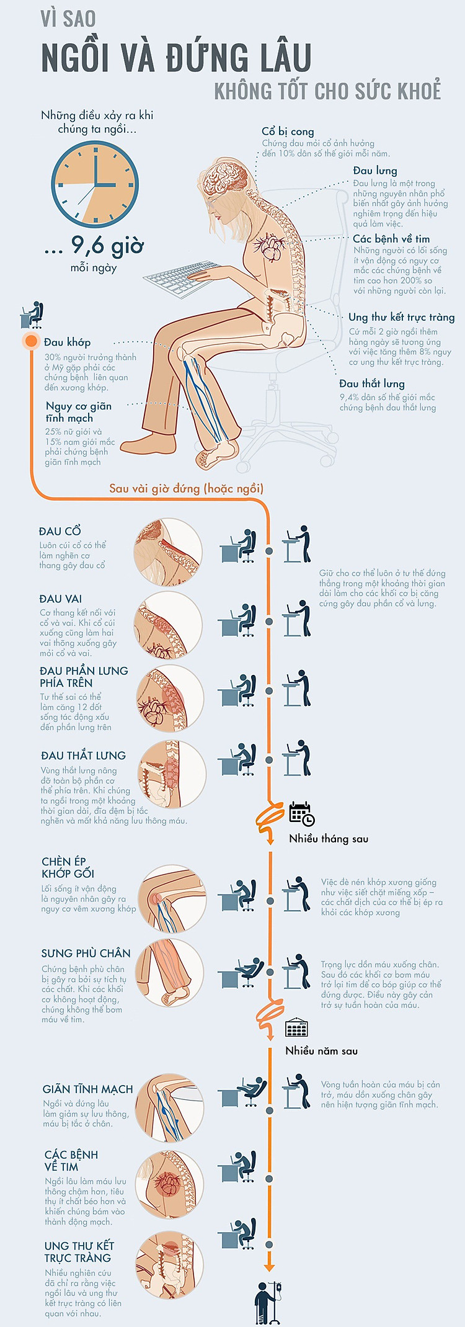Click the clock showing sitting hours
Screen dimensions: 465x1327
click(95, 185)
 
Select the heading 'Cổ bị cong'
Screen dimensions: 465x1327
click(288, 132)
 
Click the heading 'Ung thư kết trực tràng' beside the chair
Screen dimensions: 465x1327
click(402, 317)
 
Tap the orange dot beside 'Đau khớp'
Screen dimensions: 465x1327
click(31, 341)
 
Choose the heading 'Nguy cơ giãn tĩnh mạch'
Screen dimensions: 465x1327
click(79, 412)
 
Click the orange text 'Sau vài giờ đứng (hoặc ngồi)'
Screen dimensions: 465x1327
click(186, 488)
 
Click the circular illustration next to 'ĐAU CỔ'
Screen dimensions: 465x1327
click(168, 552)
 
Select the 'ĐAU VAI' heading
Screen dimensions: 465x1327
click(60, 599)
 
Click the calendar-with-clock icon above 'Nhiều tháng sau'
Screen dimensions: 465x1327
click(302, 813)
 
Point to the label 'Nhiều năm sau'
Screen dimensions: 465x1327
click(321, 1051)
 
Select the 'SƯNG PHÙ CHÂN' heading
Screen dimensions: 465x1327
click(86, 954)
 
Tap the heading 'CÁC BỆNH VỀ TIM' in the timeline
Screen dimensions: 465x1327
click(71, 1161)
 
